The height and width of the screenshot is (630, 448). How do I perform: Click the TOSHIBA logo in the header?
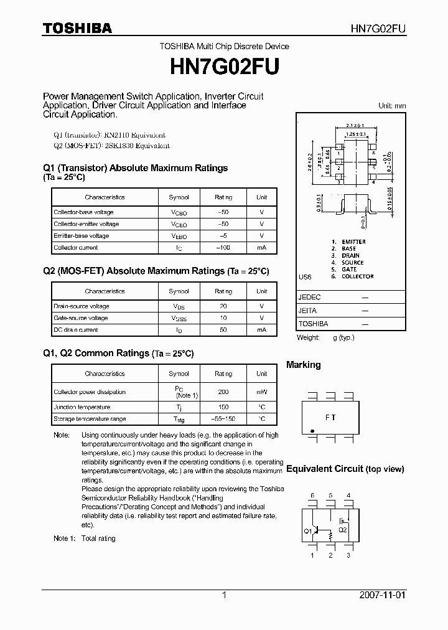click(77, 28)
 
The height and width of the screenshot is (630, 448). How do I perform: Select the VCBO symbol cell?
click(179, 212)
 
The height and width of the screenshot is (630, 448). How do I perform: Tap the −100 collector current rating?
click(223, 248)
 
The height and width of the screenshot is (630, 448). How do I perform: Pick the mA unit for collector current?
click(261, 248)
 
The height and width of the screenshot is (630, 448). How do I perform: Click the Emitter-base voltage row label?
click(82, 236)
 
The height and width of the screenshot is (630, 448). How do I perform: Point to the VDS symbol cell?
click(179, 306)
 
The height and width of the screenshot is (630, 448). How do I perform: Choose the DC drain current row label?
click(76, 330)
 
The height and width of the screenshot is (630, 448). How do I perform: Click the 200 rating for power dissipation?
click(223, 392)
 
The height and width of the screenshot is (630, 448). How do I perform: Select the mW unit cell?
click(261, 392)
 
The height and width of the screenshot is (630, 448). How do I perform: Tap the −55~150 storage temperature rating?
click(223, 419)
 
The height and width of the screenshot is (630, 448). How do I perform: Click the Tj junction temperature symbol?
click(179, 407)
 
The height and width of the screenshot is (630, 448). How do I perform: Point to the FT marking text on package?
click(330, 418)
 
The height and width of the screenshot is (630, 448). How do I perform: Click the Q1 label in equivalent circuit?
click(307, 531)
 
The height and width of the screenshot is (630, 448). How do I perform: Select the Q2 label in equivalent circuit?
click(342, 530)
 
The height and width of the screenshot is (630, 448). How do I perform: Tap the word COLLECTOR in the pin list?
click(357, 276)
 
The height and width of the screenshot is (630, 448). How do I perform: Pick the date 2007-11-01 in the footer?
click(382, 595)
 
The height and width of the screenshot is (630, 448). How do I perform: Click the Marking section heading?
click(304, 365)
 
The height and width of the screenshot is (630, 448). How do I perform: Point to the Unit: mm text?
click(392, 106)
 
